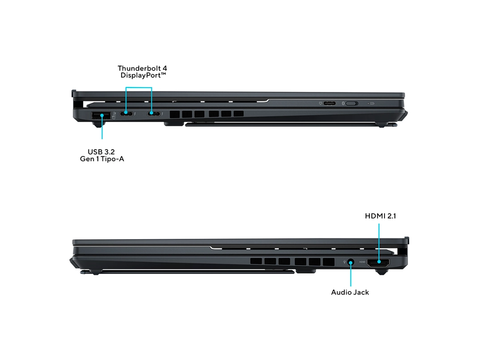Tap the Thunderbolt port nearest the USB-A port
[x=126, y=114]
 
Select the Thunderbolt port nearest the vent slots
[x=153, y=114]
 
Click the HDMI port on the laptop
[x=378, y=262]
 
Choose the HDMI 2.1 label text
[x=380, y=216]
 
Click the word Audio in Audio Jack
[x=341, y=292]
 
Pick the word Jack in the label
[x=361, y=292]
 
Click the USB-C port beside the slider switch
[x=330, y=103]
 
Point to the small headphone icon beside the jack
[x=344, y=262]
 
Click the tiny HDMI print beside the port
[x=362, y=262]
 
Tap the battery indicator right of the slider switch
[x=371, y=103]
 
